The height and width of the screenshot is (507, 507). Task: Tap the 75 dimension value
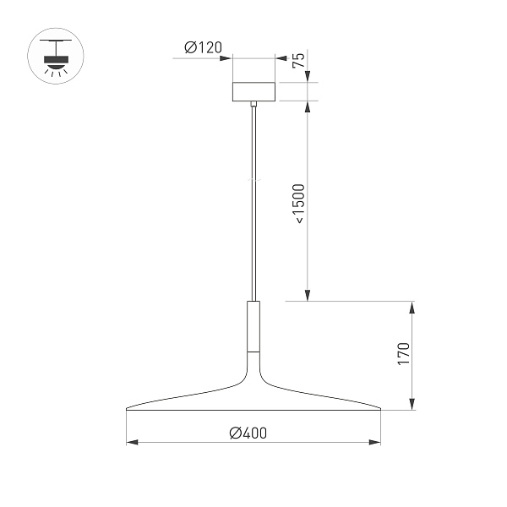[x=297, y=59]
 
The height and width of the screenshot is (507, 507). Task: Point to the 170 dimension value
[x=404, y=353]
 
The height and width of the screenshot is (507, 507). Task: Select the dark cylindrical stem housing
[x=253, y=325]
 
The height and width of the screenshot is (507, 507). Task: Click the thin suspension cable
[x=253, y=203]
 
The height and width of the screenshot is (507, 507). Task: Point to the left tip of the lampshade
[x=128, y=410]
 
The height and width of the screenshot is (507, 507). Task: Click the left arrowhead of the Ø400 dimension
[x=131, y=442]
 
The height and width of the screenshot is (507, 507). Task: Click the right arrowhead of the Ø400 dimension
[x=375, y=442]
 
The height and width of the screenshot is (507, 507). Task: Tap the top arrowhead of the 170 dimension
[x=412, y=306]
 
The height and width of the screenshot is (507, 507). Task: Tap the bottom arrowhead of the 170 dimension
[x=412, y=406]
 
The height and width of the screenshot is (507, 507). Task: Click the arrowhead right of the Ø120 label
[x=226, y=57]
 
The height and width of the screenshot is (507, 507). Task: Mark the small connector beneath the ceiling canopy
[x=253, y=105]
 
